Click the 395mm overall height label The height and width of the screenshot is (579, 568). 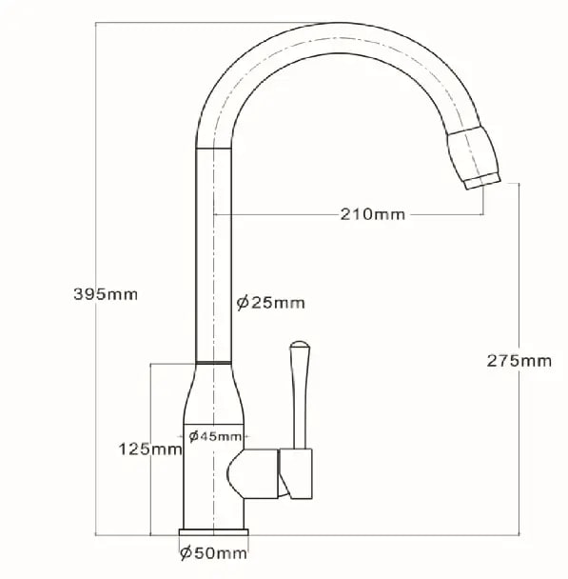coord(106,294)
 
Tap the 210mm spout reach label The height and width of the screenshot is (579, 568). coord(373,214)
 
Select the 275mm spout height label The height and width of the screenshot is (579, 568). coord(519,361)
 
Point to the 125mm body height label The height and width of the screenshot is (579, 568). coord(150,449)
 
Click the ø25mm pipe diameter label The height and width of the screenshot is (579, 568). coord(271,303)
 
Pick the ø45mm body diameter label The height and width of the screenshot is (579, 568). coord(215,436)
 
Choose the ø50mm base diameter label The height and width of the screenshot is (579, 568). coord(213,552)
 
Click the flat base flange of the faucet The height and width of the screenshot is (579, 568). coord(213,532)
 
